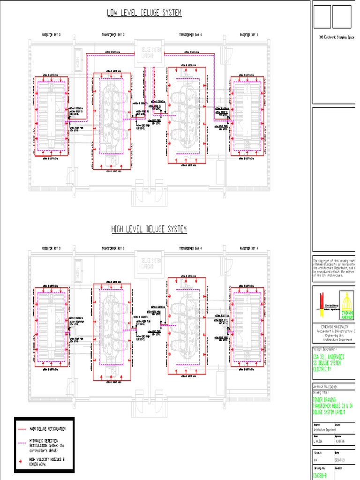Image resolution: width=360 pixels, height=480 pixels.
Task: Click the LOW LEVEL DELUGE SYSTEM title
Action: pos(144,13)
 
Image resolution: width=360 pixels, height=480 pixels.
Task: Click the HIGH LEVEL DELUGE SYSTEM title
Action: pos(149,229)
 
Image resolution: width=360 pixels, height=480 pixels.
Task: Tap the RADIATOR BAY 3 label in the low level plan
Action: pos(52,35)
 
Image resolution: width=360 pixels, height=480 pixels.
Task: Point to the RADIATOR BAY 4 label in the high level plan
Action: pos(249,248)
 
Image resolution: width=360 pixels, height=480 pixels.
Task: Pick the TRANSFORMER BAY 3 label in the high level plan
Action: pos(113,248)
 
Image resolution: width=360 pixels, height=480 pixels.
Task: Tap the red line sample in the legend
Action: pos(22,429)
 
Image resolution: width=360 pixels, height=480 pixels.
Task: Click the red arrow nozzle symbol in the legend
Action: pos(21,462)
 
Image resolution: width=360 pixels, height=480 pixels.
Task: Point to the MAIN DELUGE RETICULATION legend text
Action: pos(47,429)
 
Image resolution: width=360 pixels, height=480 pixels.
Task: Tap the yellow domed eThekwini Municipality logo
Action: pos(347,306)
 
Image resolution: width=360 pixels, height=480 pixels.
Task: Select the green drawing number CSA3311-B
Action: pos(320,475)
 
